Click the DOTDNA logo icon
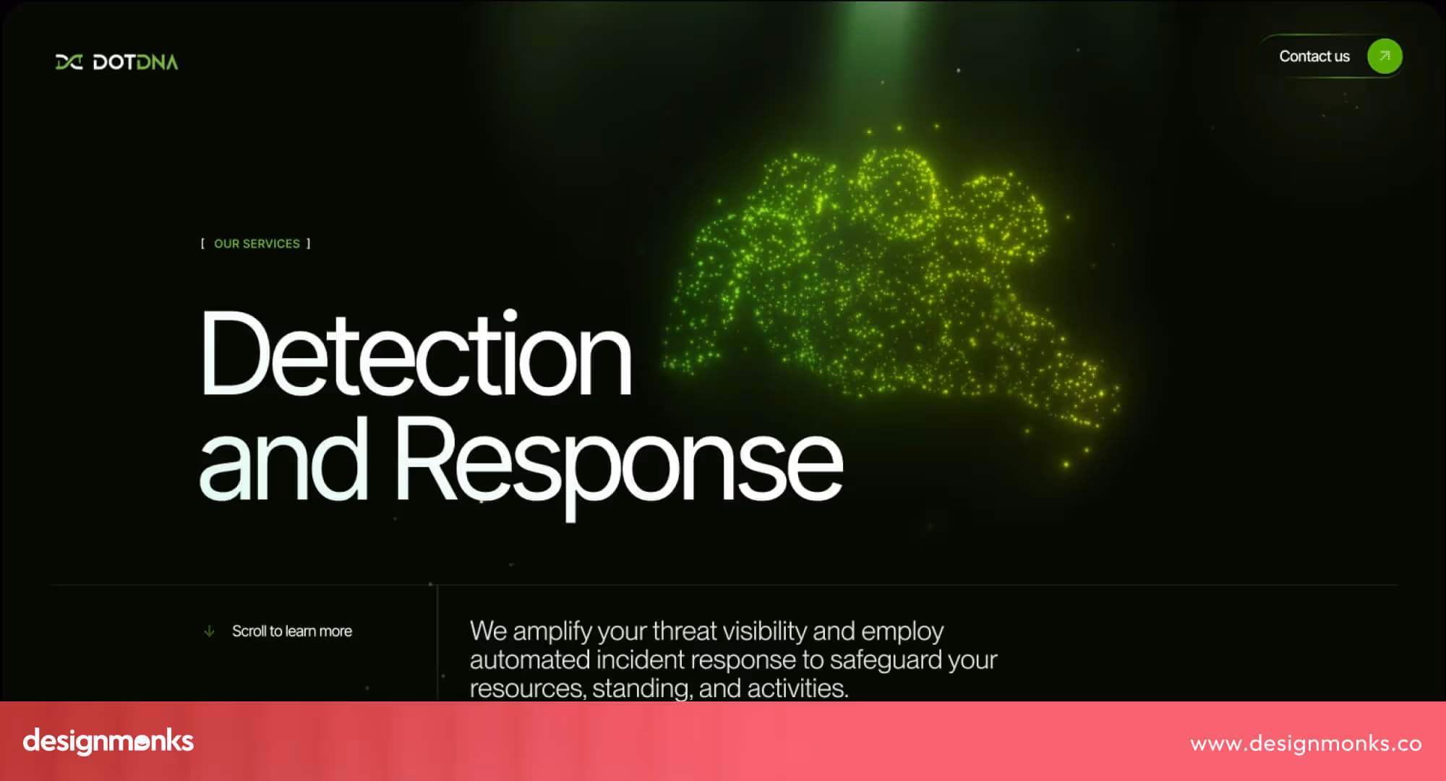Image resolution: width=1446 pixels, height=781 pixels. (x=69, y=62)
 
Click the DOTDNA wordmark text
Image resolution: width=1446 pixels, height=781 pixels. (x=135, y=62)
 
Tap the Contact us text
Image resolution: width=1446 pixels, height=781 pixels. (x=1314, y=56)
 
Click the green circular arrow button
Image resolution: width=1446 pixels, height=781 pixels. (x=1384, y=56)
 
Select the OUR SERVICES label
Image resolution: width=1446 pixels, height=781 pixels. (x=257, y=244)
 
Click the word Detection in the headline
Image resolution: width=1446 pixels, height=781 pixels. (x=415, y=354)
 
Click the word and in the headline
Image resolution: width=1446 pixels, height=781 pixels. (x=283, y=461)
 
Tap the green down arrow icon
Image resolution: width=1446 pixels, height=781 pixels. (x=209, y=631)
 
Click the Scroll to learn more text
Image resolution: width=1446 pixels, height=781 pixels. (x=292, y=631)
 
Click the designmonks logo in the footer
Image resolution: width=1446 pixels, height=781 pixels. (x=108, y=741)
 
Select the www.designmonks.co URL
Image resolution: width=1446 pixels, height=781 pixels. (x=1306, y=743)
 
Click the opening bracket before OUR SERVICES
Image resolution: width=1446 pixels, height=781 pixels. (x=202, y=244)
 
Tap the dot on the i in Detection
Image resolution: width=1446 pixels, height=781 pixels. (x=510, y=316)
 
